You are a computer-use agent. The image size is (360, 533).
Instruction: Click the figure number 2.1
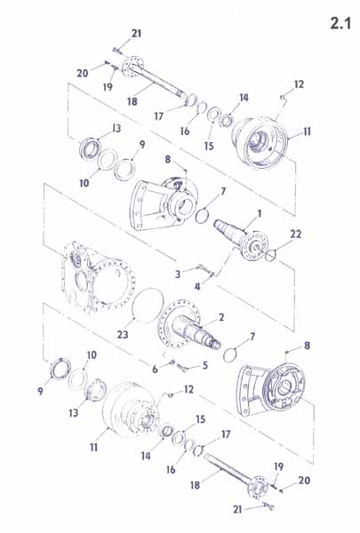(340, 23)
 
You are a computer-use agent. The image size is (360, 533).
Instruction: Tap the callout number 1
(260, 214)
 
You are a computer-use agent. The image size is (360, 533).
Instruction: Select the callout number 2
(221, 317)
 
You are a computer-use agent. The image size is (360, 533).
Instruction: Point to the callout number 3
(178, 274)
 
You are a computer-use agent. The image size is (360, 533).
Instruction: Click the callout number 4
(197, 287)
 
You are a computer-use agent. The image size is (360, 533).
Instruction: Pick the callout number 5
(204, 365)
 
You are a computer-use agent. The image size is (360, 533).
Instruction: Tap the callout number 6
(155, 369)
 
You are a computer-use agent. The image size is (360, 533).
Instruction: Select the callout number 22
(295, 234)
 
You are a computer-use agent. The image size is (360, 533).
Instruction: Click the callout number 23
(123, 335)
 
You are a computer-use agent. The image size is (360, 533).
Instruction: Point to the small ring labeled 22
(270, 255)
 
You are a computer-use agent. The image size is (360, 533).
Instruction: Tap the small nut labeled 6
(172, 362)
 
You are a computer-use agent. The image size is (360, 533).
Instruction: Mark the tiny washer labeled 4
(212, 274)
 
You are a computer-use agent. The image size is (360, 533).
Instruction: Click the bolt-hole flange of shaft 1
(253, 245)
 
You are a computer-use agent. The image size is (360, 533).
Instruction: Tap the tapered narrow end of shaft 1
(218, 225)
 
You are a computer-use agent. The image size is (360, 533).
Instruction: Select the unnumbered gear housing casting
(99, 277)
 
